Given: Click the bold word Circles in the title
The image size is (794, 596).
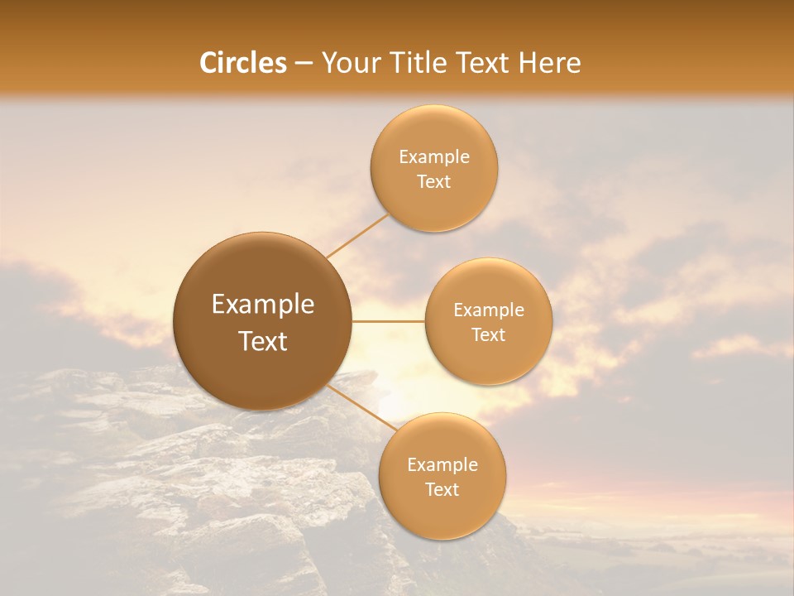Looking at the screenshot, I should click(242, 63).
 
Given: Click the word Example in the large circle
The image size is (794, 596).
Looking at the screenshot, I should click(263, 305).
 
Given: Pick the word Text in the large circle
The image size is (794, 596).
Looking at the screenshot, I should click(263, 341).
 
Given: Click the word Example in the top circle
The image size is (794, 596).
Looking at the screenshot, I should click(433, 157).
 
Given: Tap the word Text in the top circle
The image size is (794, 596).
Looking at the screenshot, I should click(433, 182).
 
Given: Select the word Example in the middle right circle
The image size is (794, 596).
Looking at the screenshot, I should click(488, 310).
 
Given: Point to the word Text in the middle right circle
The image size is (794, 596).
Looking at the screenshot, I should click(488, 335).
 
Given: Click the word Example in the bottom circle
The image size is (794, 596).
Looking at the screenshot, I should click(442, 465).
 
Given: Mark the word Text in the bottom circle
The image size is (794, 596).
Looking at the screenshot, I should click(442, 490).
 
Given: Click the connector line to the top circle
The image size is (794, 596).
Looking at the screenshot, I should click(357, 236).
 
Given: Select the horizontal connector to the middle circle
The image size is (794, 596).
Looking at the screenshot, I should click(389, 321).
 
